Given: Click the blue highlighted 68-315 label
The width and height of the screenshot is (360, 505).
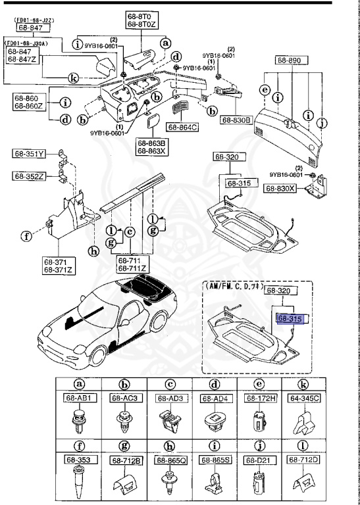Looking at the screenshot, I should pyautogui.click(x=290, y=318).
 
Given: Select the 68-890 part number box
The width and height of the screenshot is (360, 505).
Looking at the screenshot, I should pyautogui.click(x=288, y=60).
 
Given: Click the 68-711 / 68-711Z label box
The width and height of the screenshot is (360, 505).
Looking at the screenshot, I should pyautogui.click(x=132, y=265).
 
